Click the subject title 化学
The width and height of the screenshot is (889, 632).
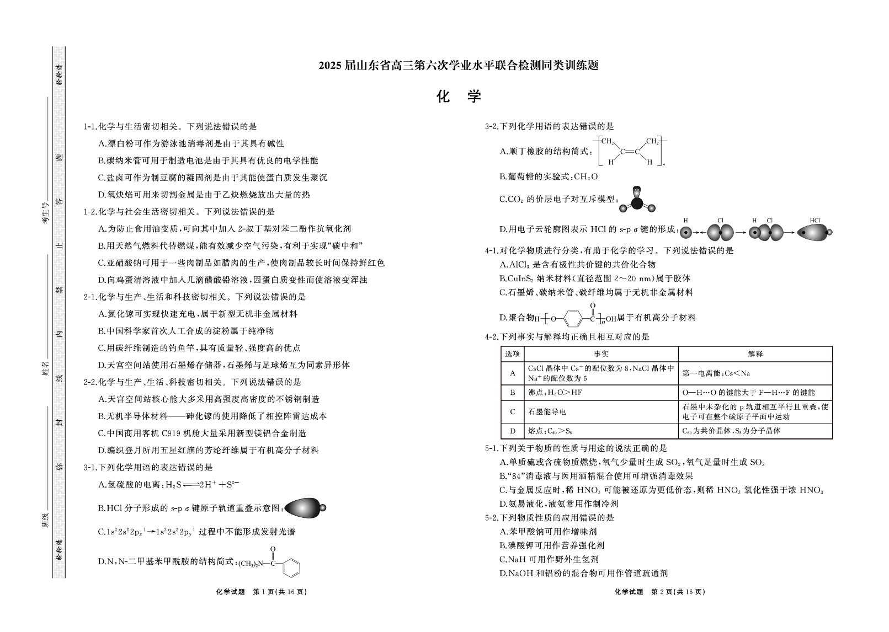click(x=458, y=97)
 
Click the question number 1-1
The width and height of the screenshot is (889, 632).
click(x=90, y=127)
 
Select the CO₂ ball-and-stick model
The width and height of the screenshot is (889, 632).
click(x=637, y=200)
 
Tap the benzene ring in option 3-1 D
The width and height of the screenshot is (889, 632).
click(x=292, y=563)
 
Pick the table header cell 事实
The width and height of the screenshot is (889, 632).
click(x=600, y=354)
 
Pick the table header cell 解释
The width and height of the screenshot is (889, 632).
click(x=754, y=354)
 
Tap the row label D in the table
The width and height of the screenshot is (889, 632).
click(x=513, y=431)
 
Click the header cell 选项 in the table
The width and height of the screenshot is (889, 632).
click(x=513, y=354)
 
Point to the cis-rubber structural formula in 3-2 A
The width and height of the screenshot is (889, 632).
click(x=631, y=151)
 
